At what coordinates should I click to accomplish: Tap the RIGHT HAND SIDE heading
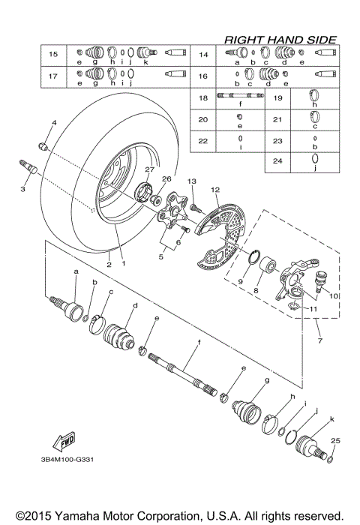279,38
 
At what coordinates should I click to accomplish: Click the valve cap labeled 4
43,144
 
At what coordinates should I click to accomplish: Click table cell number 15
53,55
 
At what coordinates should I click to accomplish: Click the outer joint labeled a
72,310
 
